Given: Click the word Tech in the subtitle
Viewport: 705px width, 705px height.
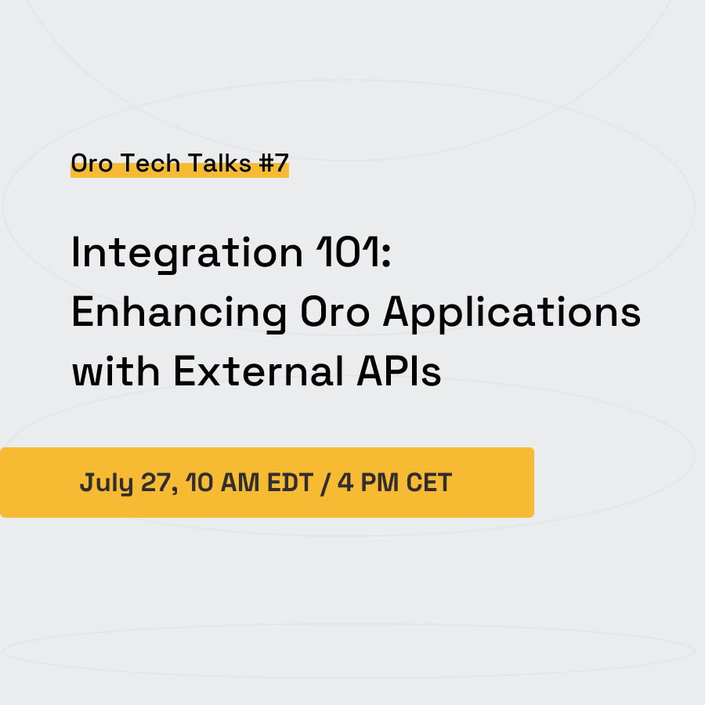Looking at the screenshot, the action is pos(150,163).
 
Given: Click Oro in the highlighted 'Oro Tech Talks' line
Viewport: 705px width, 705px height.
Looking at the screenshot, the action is pos(92,163).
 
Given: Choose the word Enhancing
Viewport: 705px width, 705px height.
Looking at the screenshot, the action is pos(179,313).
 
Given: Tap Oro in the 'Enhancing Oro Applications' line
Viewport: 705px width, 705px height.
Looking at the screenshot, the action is pos(335,312).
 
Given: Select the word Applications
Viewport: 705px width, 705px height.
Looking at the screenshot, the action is pos(512,313).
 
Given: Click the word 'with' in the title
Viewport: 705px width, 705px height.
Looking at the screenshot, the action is pos(116,371).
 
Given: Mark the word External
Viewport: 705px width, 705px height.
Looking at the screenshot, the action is pos(258,371).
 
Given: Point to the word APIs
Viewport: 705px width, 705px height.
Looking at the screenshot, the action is pos(399,371).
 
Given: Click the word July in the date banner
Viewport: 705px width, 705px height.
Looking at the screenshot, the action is pos(107,483).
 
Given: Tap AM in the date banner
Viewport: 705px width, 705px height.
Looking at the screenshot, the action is pos(240,483).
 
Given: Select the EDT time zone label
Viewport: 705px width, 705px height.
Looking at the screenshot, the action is pos(290,483).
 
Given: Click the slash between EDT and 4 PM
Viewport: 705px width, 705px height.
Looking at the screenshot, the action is pos(325,484).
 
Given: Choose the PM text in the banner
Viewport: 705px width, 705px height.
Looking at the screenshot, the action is pos(379,483).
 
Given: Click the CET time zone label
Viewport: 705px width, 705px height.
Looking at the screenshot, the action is pos(429,483).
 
